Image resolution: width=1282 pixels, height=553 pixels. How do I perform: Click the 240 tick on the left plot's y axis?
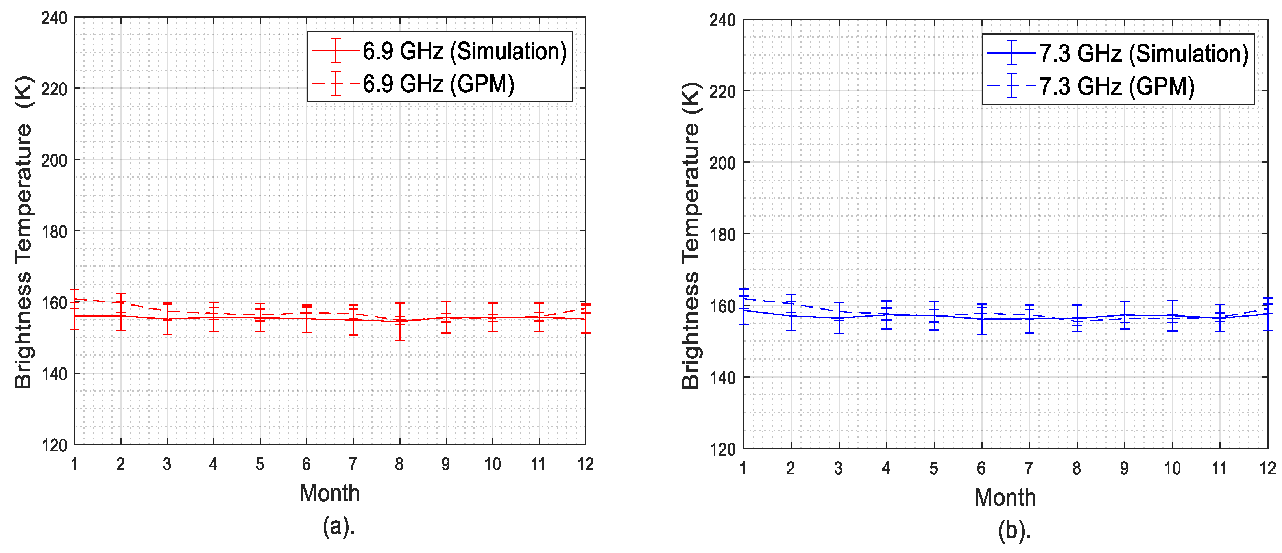[54, 19]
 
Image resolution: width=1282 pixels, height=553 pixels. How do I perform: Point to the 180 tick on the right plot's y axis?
[722, 235]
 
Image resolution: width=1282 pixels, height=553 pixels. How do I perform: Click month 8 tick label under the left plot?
[399, 464]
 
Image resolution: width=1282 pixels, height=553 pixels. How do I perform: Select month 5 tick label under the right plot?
[934, 468]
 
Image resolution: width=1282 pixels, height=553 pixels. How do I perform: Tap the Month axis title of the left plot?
[329, 493]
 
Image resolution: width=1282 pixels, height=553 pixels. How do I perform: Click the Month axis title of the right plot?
[1005, 497]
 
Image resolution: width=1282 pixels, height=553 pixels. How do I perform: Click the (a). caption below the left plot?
[338, 525]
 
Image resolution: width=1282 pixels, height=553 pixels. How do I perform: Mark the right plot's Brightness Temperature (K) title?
[691, 235]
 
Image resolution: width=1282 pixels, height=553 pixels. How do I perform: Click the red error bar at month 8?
[400, 321]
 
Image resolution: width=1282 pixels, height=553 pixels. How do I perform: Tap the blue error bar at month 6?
[981, 319]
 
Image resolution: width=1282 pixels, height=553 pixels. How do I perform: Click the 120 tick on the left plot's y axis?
[54, 445]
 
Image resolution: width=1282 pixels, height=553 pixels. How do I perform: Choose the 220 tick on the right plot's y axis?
[722, 92]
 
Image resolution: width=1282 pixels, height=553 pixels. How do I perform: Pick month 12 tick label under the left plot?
[585, 464]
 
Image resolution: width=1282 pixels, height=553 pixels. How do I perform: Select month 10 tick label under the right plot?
[1172, 468]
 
